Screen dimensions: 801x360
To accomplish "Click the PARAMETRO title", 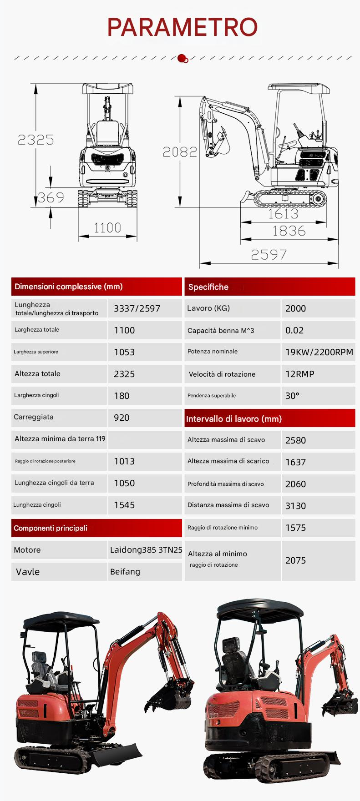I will [x=182, y=27].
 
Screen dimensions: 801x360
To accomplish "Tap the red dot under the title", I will [x=182, y=58].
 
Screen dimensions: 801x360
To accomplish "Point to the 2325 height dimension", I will [x=35, y=140].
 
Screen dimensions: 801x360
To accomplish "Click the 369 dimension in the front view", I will [x=51, y=197].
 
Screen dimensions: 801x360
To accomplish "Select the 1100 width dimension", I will [x=107, y=227].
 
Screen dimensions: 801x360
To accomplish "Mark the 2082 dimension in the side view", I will [x=180, y=151].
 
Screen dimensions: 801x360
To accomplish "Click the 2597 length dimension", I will [x=269, y=255].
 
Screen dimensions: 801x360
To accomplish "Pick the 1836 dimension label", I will [x=289, y=231].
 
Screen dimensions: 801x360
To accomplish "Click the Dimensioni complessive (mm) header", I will [x=69, y=287].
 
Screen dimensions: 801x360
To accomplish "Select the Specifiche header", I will [x=208, y=287].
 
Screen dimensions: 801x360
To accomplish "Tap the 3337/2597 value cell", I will [x=137, y=308].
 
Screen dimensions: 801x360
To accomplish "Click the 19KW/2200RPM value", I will [x=319, y=352].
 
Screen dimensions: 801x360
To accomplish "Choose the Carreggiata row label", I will [x=34, y=417].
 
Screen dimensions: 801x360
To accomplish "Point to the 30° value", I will [x=292, y=396].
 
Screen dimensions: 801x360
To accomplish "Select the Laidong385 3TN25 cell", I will [x=146, y=550].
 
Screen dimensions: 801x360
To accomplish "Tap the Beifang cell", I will [x=125, y=572].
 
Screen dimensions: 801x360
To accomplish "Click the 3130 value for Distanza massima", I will [x=295, y=506].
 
